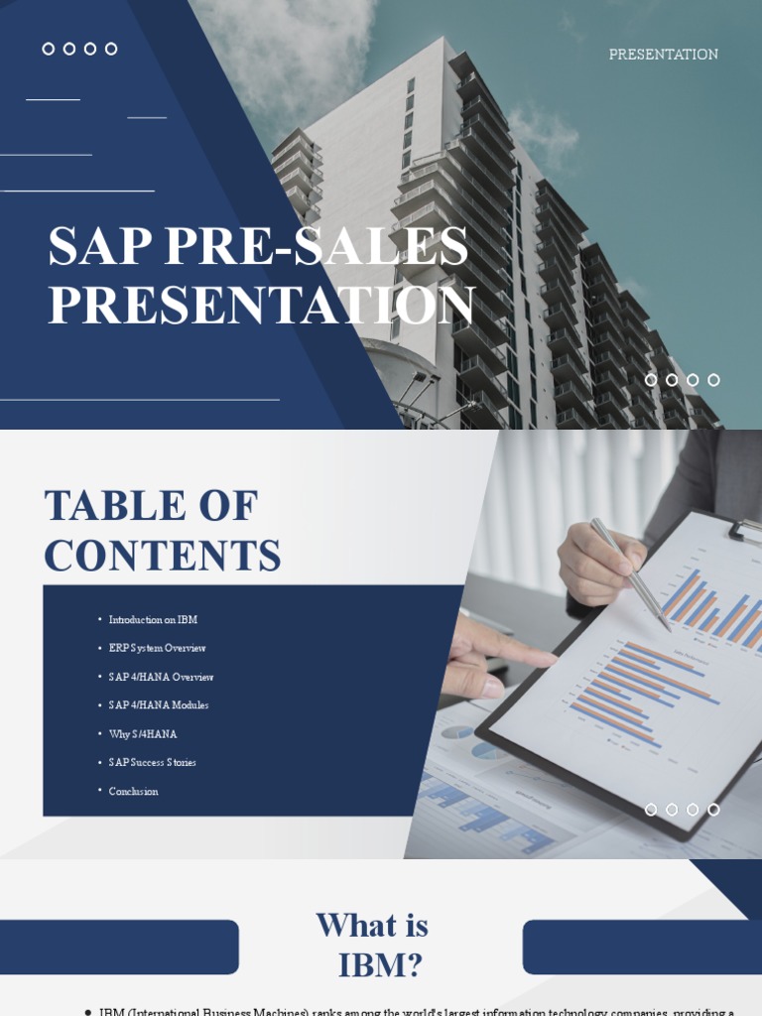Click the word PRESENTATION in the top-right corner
click(663, 55)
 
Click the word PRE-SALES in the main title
click(317, 246)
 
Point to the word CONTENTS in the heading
click(162, 556)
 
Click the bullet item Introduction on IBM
click(153, 620)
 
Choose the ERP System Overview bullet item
click(157, 648)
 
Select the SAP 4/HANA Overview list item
click(161, 677)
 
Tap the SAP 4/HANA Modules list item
click(159, 705)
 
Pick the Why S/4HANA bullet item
click(143, 734)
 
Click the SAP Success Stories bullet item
click(152, 762)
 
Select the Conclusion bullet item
click(133, 791)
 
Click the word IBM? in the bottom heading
click(381, 964)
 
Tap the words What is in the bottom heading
click(372, 926)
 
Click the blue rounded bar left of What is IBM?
click(119, 947)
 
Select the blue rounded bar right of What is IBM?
click(642, 947)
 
